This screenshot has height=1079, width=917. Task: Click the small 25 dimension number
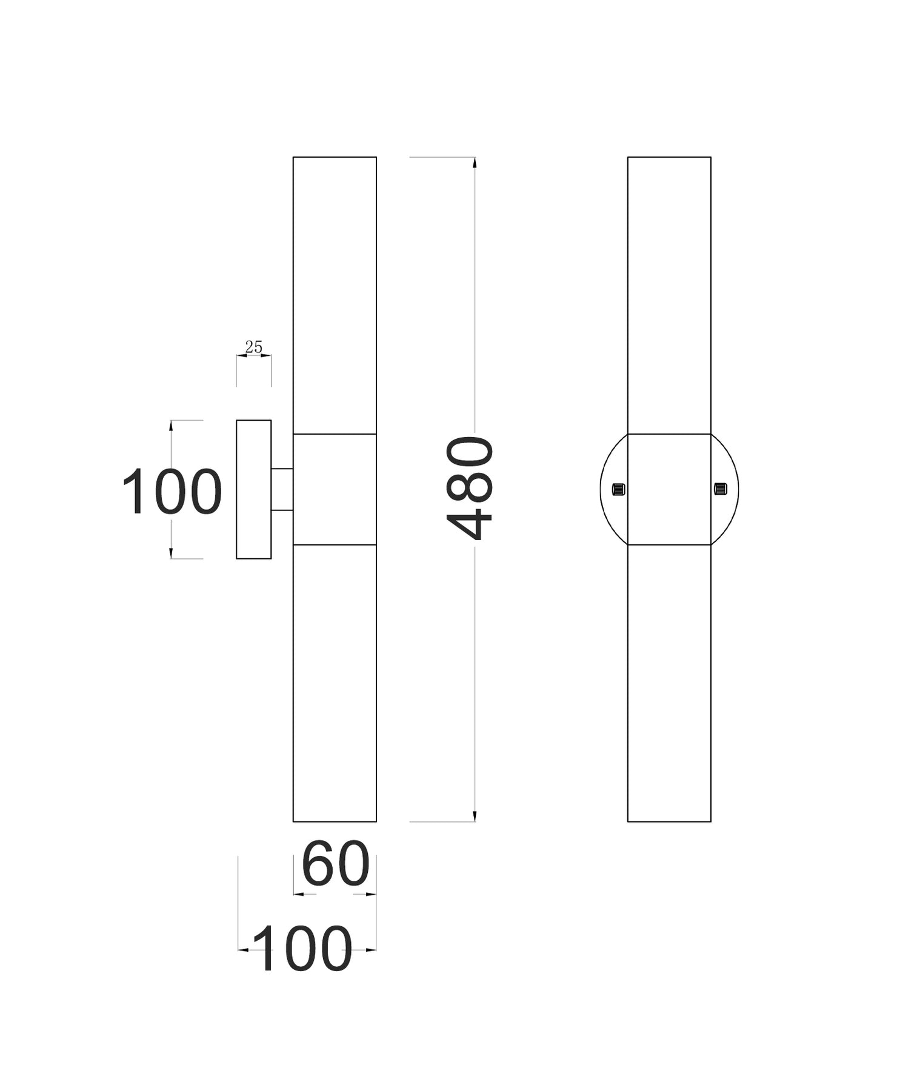(x=253, y=347)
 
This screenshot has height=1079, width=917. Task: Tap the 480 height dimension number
(x=470, y=489)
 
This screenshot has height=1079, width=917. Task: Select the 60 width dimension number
(x=335, y=863)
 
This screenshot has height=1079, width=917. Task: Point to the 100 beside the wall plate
(x=172, y=492)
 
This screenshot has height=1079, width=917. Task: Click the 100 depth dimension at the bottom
(x=302, y=949)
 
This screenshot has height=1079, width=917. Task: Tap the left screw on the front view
(x=618, y=489)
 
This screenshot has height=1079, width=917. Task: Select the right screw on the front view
(x=720, y=489)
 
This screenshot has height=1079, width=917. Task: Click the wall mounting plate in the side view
(x=253, y=489)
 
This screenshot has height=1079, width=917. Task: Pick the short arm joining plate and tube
(x=282, y=489)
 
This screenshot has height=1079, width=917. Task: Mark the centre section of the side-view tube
(x=335, y=489)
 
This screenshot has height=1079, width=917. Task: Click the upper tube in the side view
(x=335, y=295)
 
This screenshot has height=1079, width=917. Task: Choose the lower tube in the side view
(x=335, y=683)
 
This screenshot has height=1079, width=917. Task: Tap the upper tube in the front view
(x=669, y=295)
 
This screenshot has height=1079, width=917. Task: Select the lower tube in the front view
(x=669, y=683)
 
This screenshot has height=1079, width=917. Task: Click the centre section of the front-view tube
(x=669, y=489)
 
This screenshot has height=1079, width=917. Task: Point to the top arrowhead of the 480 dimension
(x=475, y=162)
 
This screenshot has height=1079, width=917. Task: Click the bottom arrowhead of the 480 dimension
(x=475, y=816)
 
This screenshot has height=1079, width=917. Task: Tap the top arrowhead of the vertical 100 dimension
(x=172, y=426)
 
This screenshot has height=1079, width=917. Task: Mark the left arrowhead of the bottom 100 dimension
(x=243, y=950)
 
